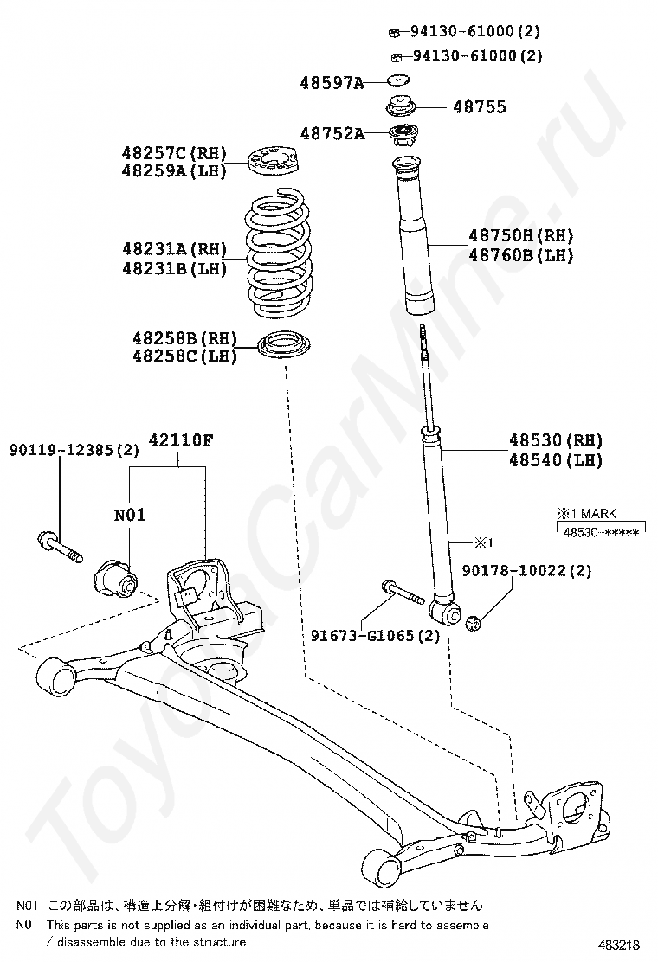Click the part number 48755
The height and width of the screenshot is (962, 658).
[479, 108]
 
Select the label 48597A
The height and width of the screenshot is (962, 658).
[331, 83]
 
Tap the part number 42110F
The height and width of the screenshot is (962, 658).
[181, 439]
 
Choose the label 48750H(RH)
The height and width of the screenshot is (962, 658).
[521, 235]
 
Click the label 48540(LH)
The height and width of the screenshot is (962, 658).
[556, 460]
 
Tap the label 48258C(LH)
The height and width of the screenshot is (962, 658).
[184, 356]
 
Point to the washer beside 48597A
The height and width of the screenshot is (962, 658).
[397, 81]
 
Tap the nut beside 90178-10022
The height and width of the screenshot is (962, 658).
[474, 623]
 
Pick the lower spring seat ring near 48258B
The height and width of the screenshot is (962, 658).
[285, 346]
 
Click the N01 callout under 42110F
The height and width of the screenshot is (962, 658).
[130, 516]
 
